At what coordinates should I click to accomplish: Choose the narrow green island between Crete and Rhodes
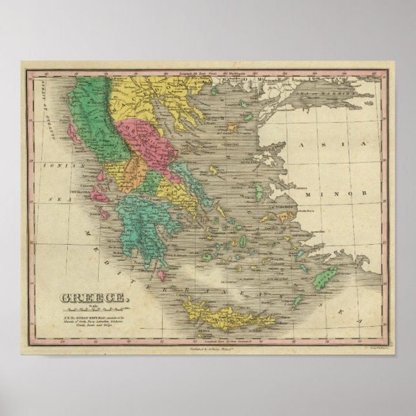303,304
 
